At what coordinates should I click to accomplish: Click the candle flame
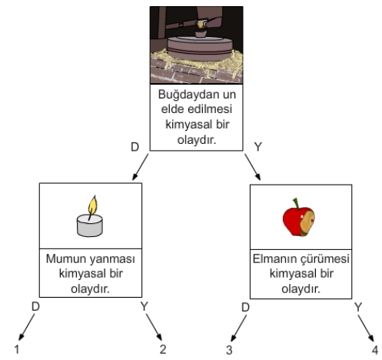click(x=93, y=205)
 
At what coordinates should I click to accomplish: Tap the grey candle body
click(x=90, y=225)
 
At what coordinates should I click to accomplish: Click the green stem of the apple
click(x=297, y=204)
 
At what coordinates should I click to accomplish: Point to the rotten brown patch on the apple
click(x=307, y=222)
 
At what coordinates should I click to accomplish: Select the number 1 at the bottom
click(x=17, y=349)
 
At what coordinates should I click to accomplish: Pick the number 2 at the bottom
click(x=163, y=349)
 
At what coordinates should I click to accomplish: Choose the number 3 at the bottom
click(x=229, y=350)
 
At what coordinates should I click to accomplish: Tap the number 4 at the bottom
click(x=375, y=350)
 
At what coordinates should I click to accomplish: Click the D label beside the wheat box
click(x=135, y=147)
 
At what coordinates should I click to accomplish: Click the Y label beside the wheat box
click(x=258, y=147)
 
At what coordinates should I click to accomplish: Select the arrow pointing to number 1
click(x=27, y=327)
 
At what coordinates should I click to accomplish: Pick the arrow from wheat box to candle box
click(x=140, y=167)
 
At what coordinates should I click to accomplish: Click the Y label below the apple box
click(x=358, y=307)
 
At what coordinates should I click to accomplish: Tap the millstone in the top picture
click(x=200, y=48)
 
